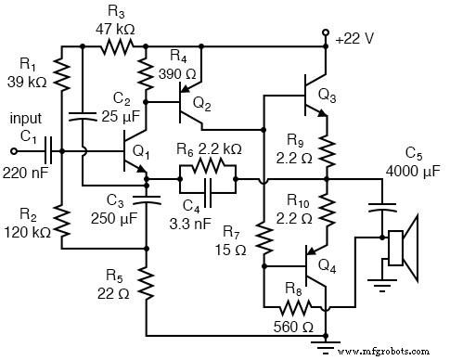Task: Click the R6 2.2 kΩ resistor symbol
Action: (x=210, y=167)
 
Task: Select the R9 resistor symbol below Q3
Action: (x=325, y=146)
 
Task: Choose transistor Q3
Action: (x=316, y=94)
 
